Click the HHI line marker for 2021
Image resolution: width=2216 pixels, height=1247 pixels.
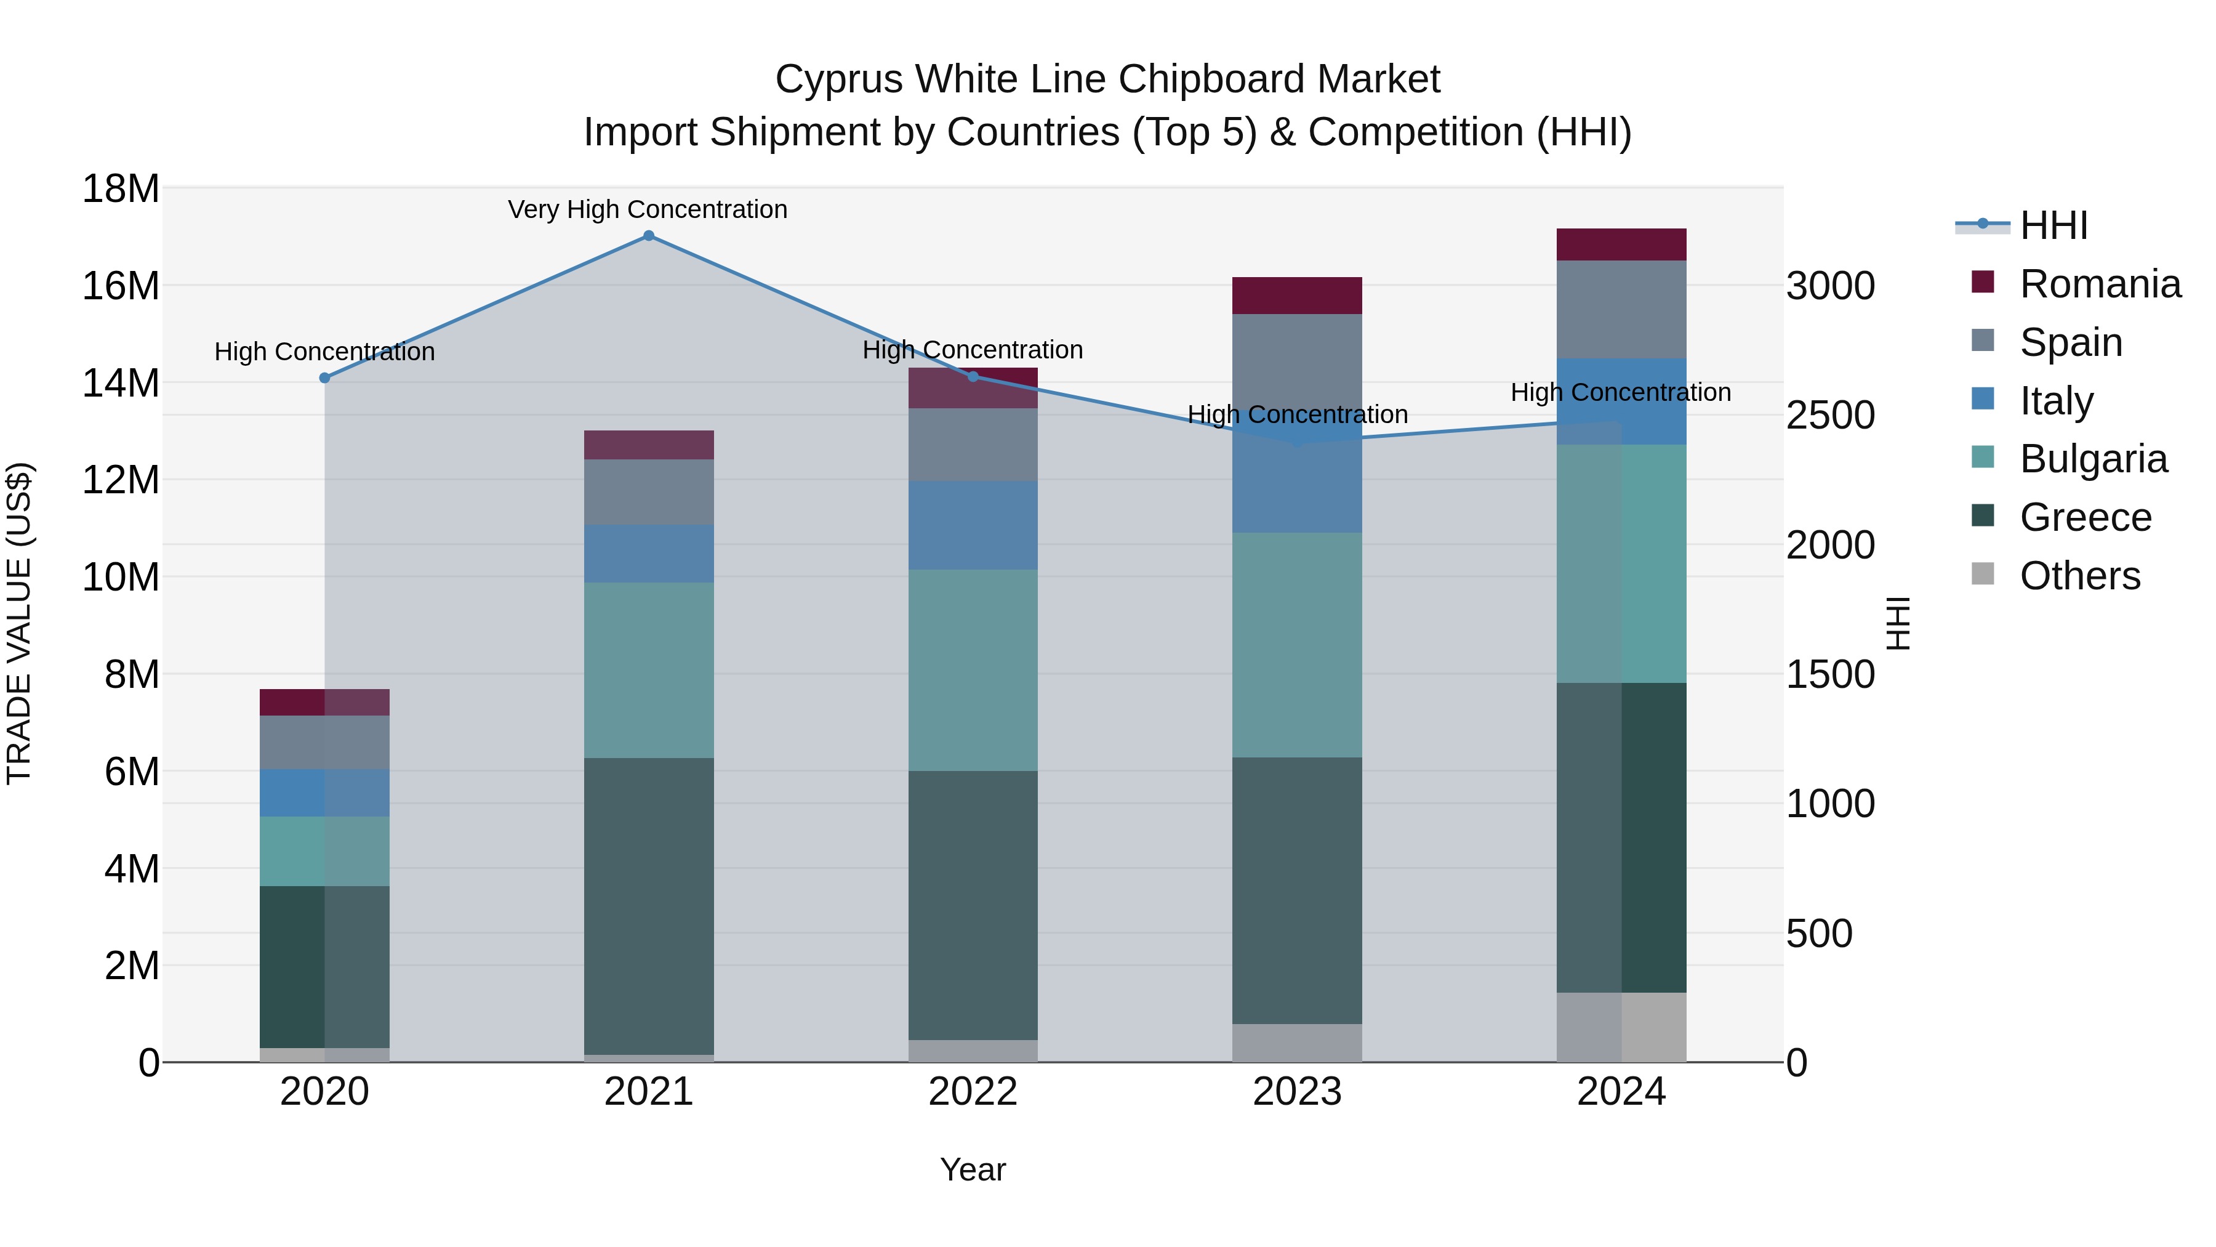pos(649,236)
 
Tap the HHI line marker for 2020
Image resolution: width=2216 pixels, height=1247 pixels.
pos(324,378)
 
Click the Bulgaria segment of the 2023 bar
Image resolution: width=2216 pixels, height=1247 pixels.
pos(1296,645)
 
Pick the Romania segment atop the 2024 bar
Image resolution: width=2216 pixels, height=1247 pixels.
pos(1621,244)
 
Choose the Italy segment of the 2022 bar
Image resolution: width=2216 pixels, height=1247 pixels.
pos(973,525)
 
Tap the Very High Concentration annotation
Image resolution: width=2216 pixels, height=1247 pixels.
pos(647,210)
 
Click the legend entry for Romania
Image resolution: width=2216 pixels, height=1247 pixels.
pos(2099,284)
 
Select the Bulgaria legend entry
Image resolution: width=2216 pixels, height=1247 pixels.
pos(2092,459)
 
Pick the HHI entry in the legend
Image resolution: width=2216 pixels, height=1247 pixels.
pos(2052,225)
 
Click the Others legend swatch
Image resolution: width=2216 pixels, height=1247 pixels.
pos(1982,574)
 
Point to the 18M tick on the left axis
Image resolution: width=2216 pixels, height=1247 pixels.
pos(121,188)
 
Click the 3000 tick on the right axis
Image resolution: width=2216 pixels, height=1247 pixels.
pos(1830,286)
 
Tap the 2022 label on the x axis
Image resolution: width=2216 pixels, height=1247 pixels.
pos(973,1092)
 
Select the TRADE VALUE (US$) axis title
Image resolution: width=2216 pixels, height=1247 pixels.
pos(20,623)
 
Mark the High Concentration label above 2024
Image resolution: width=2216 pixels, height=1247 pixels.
pos(1620,392)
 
